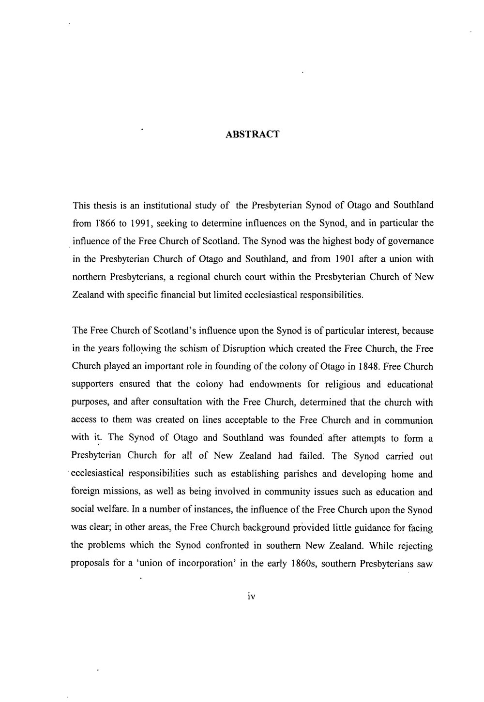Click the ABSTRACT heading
tap(253, 134)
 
